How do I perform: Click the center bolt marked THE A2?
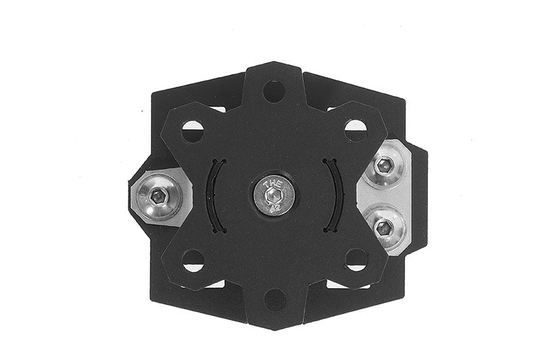pyautogui.click(x=274, y=196)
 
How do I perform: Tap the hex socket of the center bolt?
pyautogui.click(x=275, y=197)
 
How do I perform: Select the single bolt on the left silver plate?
pyautogui.click(x=158, y=197)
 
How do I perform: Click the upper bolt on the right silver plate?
pyautogui.click(x=384, y=164)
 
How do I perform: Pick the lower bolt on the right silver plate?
pyautogui.click(x=383, y=228)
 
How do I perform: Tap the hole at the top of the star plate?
pyautogui.click(x=273, y=90)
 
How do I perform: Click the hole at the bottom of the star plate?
pyautogui.click(x=274, y=300)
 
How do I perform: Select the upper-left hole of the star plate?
pyautogui.click(x=193, y=130)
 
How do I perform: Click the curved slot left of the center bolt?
pyautogui.click(x=214, y=196)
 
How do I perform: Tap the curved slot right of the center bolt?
pyautogui.click(x=333, y=196)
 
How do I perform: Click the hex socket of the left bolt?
pyautogui.click(x=158, y=197)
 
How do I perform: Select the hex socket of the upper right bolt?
pyautogui.click(x=384, y=164)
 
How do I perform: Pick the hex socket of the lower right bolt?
pyautogui.click(x=383, y=228)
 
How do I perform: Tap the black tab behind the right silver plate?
pyautogui.click(x=419, y=196)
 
